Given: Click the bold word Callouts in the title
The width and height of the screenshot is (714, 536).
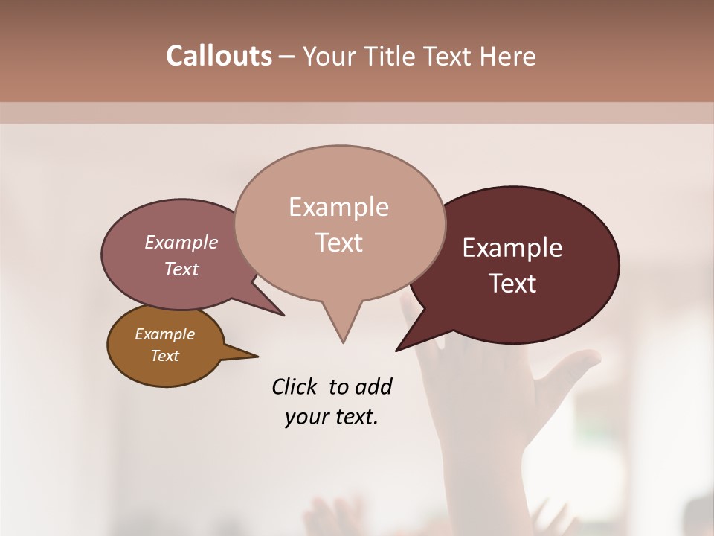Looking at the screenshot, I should point(219,56).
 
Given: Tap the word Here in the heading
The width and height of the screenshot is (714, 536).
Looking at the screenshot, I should point(507,57).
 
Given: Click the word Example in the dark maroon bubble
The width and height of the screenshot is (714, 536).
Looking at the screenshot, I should point(512,248).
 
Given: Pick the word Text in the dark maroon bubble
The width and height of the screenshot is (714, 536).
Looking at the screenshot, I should point(513,284).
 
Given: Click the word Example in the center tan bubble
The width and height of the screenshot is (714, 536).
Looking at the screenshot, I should point(338,207).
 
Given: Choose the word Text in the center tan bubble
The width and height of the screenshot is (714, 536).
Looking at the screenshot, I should point(339,243).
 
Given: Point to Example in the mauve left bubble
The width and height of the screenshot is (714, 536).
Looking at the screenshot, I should point(181,242).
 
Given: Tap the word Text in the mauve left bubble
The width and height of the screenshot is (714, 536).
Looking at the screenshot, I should point(181,269).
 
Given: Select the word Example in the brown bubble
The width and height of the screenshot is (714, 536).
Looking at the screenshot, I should point(164,334).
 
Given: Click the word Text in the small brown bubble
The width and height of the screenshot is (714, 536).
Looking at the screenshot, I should point(164,356).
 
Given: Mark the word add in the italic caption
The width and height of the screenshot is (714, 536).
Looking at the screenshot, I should point(373,386).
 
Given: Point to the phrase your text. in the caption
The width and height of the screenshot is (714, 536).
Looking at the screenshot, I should point(331,417).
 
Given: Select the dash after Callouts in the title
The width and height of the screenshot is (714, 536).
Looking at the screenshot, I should point(287,57).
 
